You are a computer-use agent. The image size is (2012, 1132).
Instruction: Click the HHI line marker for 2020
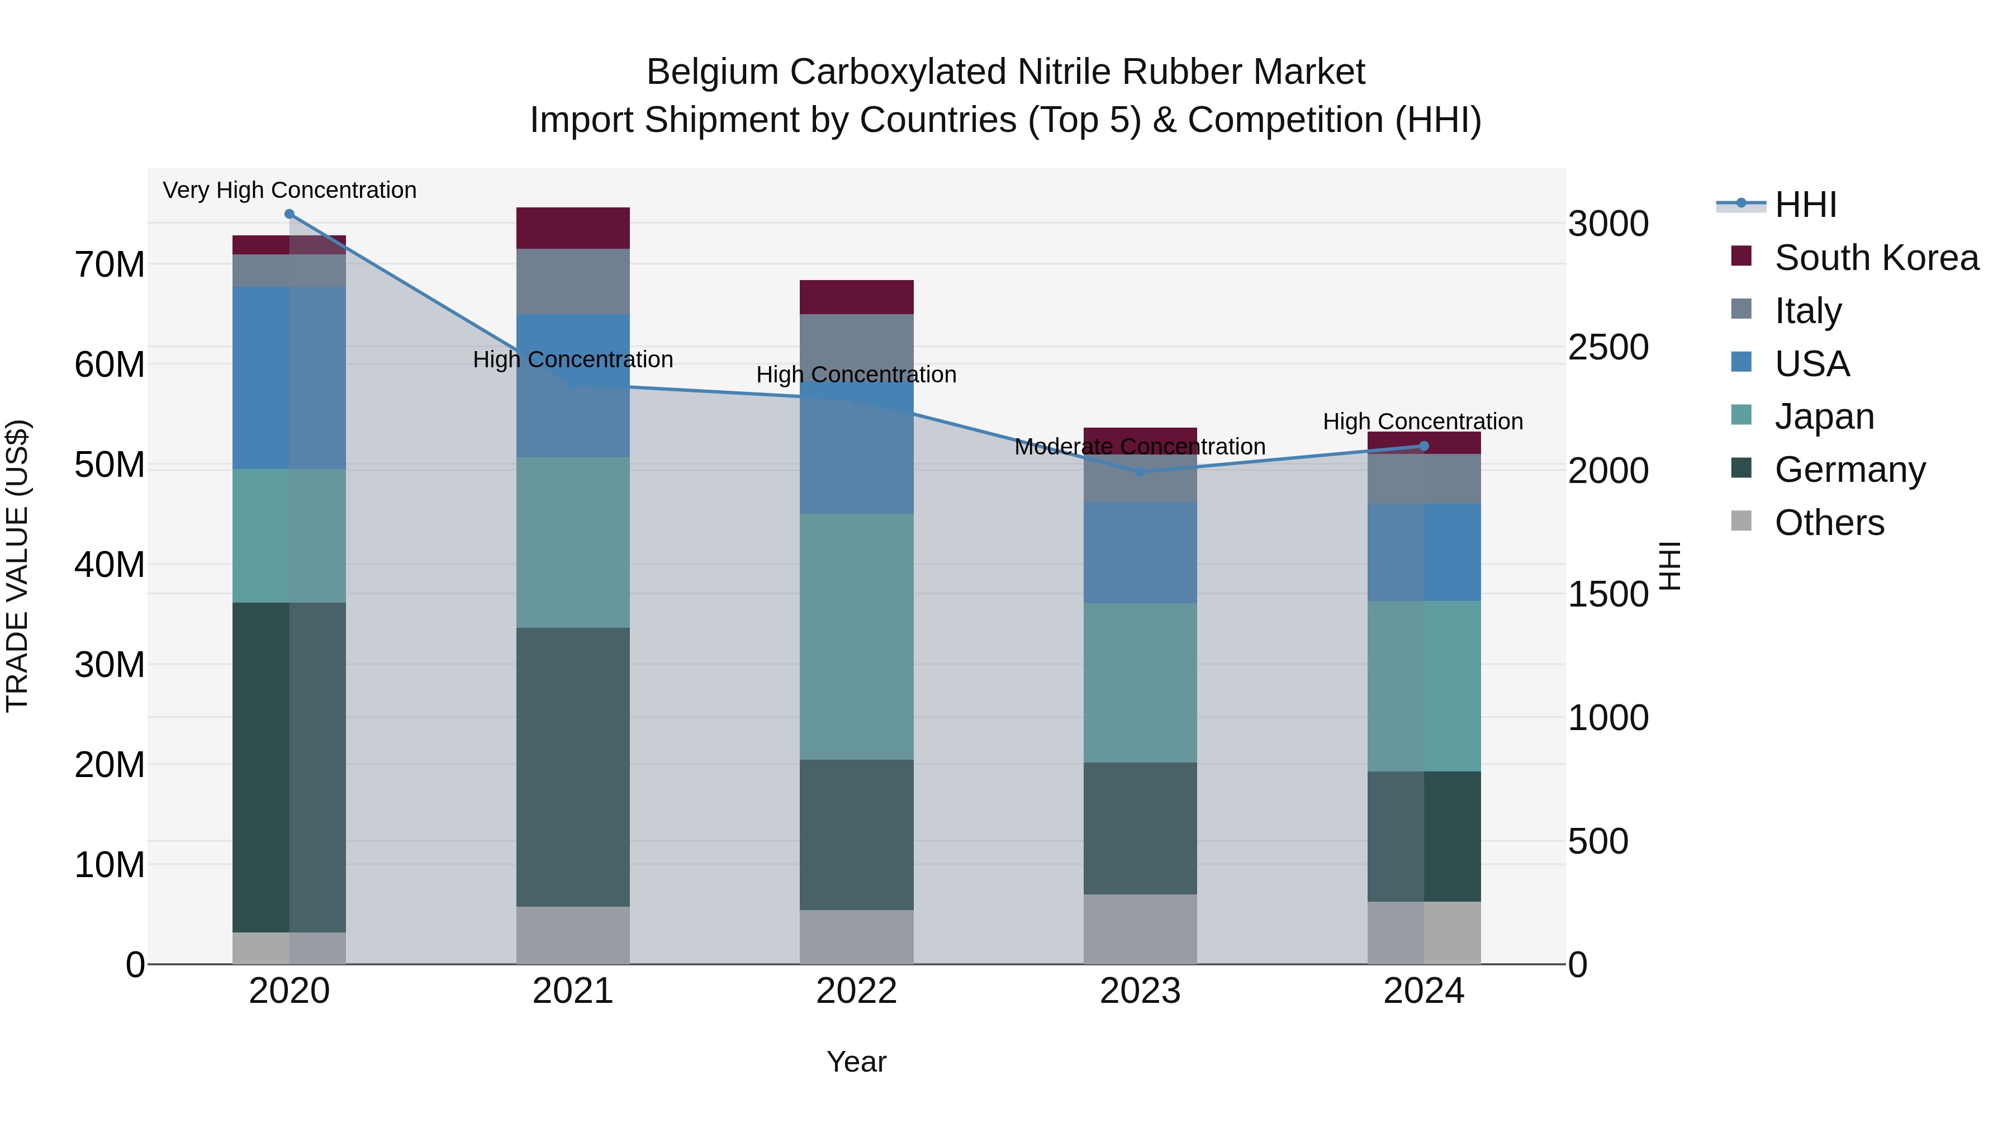click(x=289, y=214)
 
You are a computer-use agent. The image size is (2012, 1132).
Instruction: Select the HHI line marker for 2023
click(x=1140, y=472)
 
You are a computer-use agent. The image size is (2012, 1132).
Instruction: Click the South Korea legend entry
click(x=1876, y=258)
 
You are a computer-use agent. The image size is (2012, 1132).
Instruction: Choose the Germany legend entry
click(x=1849, y=470)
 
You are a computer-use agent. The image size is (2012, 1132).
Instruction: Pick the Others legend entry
click(x=1829, y=523)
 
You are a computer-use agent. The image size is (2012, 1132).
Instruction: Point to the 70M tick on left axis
click(x=110, y=265)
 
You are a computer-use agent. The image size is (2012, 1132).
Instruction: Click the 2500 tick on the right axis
click(x=1608, y=348)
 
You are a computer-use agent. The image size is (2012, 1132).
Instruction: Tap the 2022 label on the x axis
click(x=856, y=991)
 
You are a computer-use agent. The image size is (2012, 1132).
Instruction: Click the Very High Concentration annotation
click(x=290, y=190)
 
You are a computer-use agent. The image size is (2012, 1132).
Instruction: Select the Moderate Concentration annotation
click(x=1140, y=447)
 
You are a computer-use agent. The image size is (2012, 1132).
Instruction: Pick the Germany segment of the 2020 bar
click(x=289, y=767)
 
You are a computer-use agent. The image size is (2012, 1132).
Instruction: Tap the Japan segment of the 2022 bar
click(x=856, y=637)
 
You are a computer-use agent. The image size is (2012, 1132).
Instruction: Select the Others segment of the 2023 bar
click(x=1140, y=929)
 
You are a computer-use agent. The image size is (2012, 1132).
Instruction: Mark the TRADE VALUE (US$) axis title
click(x=17, y=566)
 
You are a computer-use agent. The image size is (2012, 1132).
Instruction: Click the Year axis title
click(x=856, y=1062)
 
